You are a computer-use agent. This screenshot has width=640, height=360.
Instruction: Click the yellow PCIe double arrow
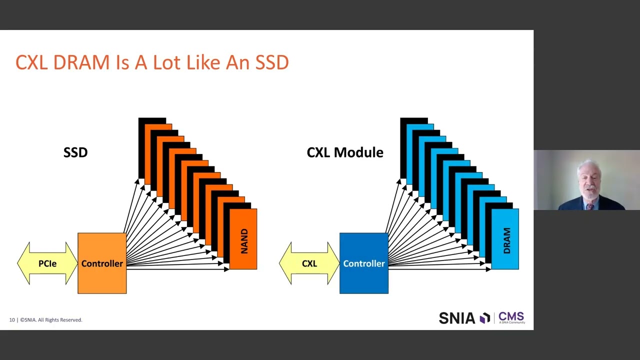tap(47, 263)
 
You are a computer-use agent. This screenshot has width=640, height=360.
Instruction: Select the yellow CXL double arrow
tap(309, 263)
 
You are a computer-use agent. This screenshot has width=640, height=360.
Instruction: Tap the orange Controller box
tap(102, 263)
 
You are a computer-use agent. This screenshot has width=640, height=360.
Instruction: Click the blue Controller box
tap(364, 263)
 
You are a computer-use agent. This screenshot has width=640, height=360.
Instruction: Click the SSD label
tap(75, 152)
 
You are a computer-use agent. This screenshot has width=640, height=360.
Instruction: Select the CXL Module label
tap(345, 152)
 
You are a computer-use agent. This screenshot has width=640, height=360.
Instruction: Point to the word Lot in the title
tap(168, 63)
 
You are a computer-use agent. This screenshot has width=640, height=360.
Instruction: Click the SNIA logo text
tap(456, 318)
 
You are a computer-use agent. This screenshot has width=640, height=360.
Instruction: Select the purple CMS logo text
tap(511, 316)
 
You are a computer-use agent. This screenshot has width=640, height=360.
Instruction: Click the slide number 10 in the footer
tap(12, 320)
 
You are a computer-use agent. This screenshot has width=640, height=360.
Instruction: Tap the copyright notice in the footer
tap(51, 320)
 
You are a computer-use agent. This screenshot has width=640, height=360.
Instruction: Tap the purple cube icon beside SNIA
tap(484, 318)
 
